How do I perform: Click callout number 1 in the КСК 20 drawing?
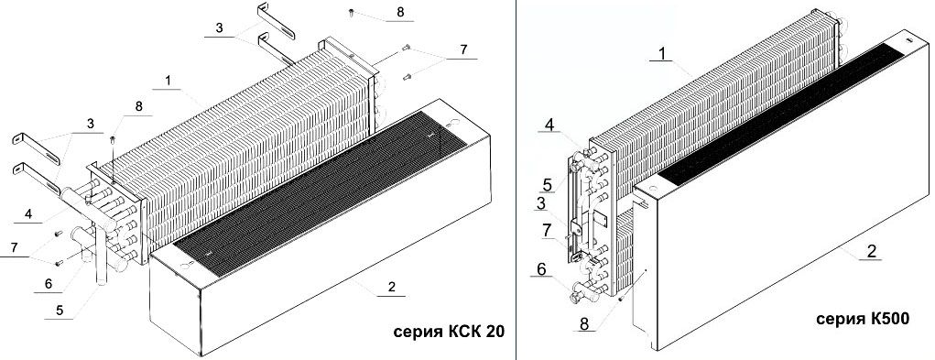coord(169,81)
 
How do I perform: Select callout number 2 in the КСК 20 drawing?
coord(391,288)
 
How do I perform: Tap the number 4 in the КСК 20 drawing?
coord(28,215)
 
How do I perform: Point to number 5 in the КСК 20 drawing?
coord(60,311)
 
